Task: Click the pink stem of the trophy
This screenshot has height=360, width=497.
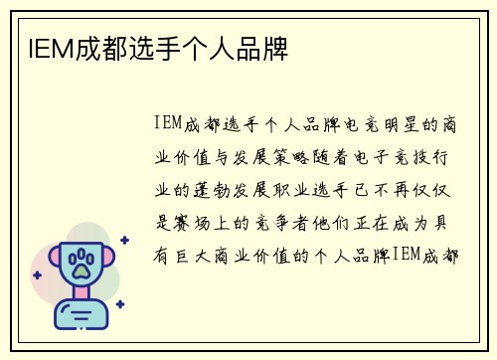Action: click(81, 294)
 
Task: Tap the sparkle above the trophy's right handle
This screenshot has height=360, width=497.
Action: click(123, 241)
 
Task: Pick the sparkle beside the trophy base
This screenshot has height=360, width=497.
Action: click(119, 304)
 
